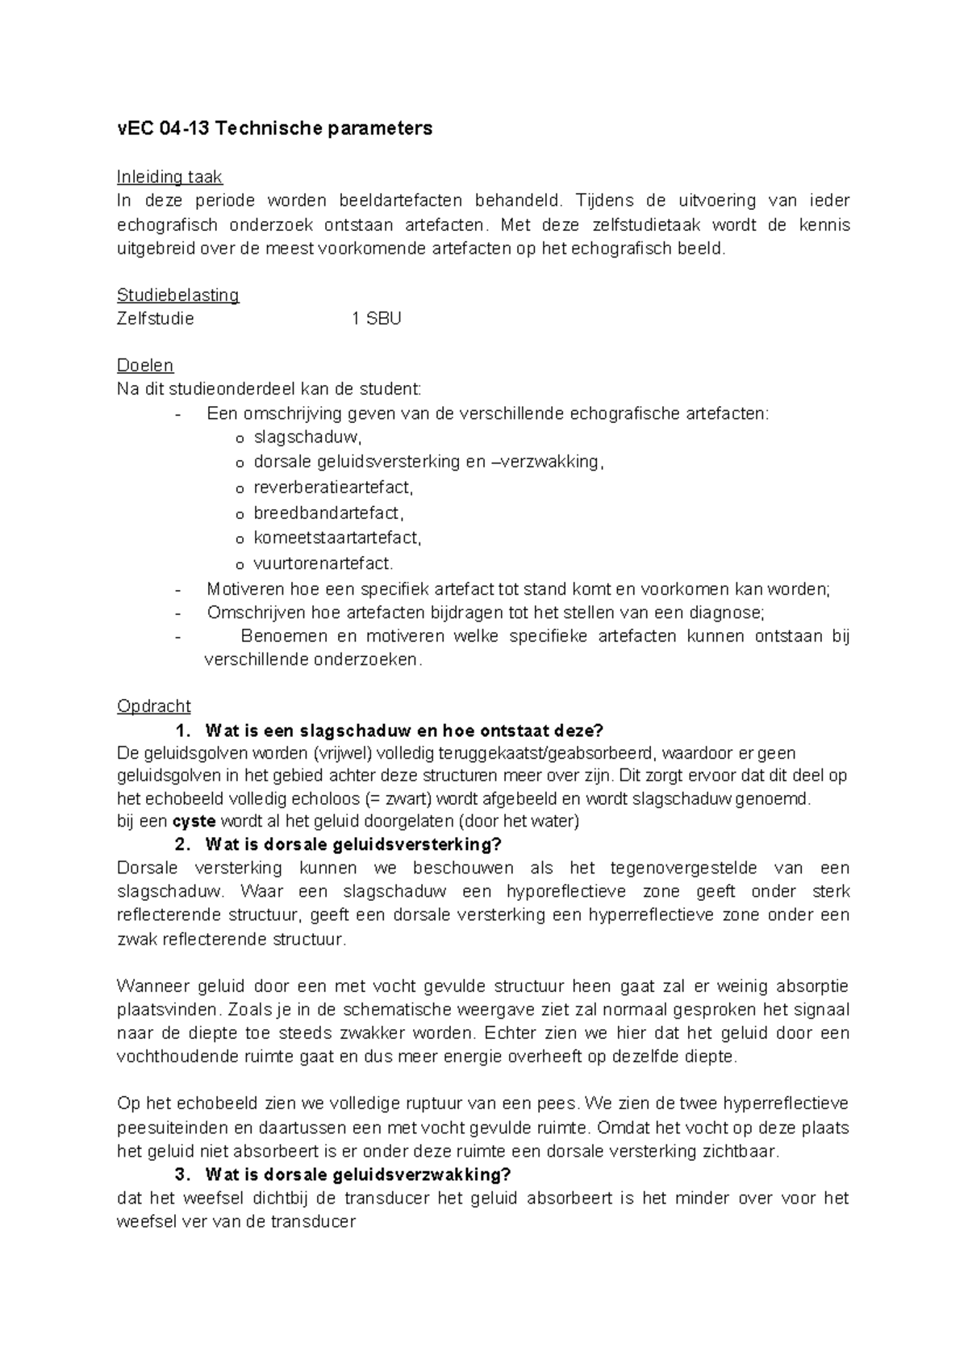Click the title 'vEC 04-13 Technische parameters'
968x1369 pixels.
click(274, 128)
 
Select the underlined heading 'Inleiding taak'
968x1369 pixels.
click(169, 177)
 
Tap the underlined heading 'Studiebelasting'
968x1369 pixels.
click(177, 295)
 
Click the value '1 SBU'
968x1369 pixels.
click(377, 319)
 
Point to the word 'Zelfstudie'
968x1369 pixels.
click(156, 319)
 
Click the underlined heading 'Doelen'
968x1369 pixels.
click(145, 366)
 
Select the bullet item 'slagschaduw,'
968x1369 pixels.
click(308, 438)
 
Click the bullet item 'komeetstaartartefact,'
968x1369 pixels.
click(337, 538)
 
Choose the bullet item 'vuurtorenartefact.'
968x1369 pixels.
click(323, 563)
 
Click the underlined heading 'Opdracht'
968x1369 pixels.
click(154, 706)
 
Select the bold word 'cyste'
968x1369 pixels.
click(194, 822)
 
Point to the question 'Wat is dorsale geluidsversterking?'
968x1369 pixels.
click(353, 844)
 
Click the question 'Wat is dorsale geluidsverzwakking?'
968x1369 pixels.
click(358, 1174)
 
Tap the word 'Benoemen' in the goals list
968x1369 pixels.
click(278, 636)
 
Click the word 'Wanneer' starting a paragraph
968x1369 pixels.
click(151, 986)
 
